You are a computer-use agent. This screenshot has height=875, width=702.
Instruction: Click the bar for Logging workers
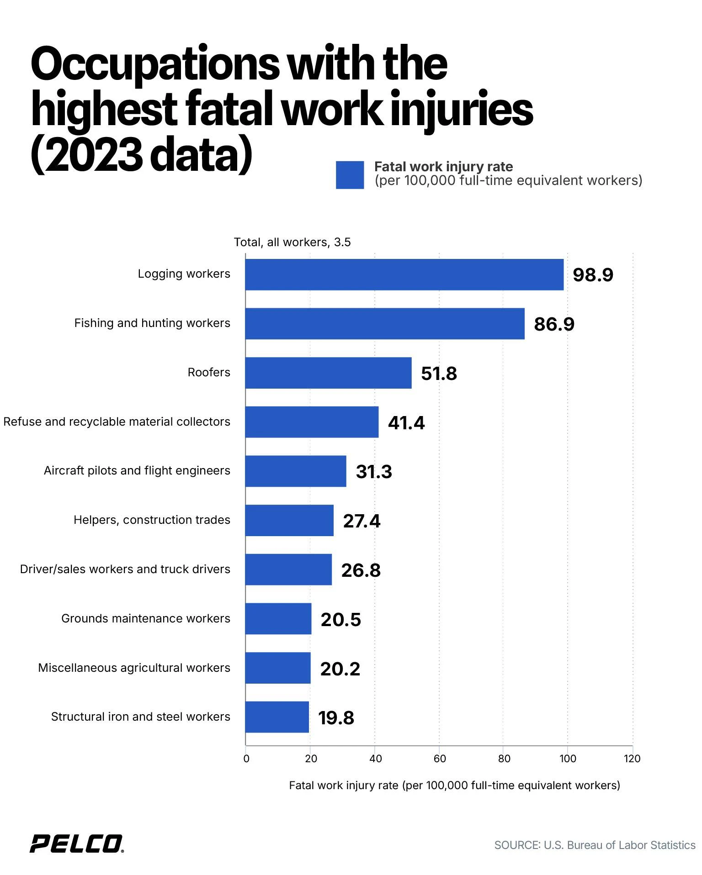point(404,274)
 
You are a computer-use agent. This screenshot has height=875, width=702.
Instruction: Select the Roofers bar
point(328,373)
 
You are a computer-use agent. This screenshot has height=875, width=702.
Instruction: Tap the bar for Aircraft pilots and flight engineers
point(295,471)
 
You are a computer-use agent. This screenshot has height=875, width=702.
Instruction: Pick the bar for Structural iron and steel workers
point(277,717)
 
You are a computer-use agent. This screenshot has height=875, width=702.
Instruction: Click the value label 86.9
point(554,324)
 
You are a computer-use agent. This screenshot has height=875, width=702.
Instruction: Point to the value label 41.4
point(406,423)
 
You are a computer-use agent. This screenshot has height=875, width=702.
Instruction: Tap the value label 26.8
point(361,570)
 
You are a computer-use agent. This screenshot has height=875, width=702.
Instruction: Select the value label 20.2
point(340,669)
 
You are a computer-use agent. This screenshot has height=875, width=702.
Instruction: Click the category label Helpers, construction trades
point(152,520)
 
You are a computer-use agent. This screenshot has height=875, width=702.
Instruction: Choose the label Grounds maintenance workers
point(146,618)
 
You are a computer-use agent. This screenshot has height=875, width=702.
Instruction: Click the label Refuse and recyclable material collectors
point(117,422)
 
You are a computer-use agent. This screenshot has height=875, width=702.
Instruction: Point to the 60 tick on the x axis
point(440,759)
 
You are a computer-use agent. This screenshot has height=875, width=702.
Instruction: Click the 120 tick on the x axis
point(632,759)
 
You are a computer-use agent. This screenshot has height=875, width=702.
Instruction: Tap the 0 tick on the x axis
point(246,759)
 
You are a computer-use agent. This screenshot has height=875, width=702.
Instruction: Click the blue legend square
point(350,175)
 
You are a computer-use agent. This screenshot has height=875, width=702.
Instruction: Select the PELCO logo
point(76,843)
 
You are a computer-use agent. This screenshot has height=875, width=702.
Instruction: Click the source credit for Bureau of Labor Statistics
point(595,845)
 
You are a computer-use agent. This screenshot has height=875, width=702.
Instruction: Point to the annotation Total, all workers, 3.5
point(292,242)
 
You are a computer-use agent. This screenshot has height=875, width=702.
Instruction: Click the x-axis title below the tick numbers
point(454,785)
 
